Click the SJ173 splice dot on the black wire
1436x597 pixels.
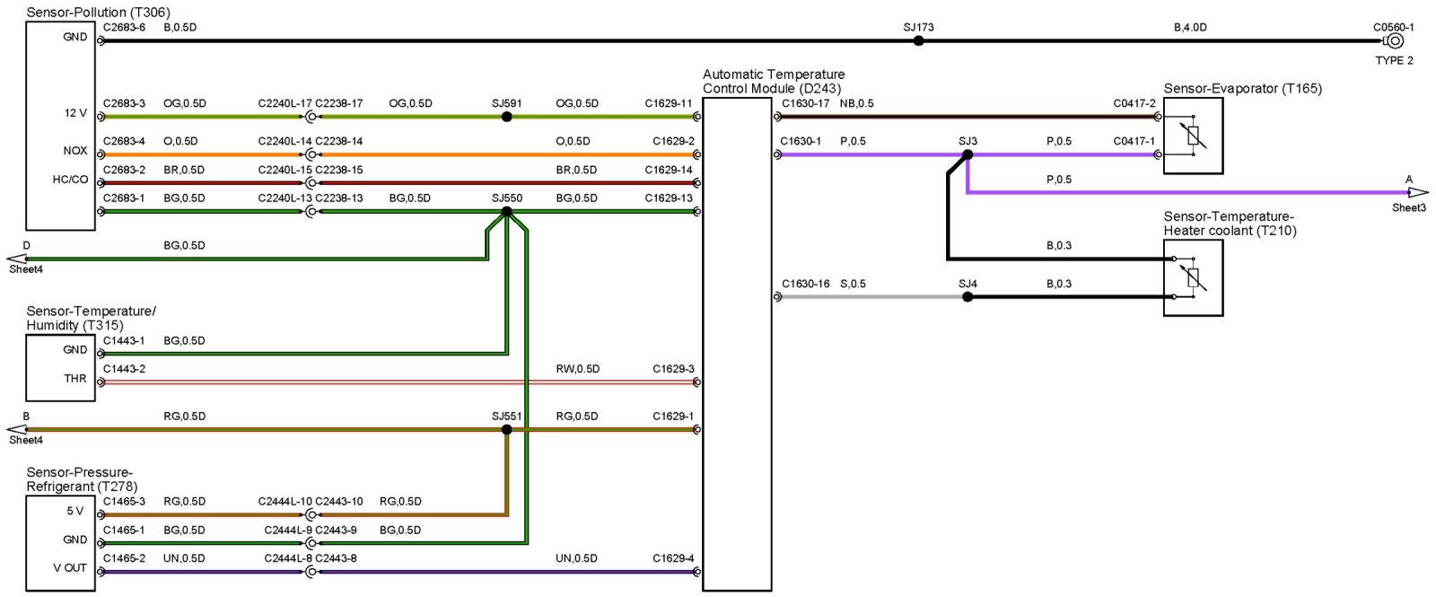[918, 40]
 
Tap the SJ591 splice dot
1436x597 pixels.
[506, 117]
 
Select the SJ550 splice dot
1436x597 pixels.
[506, 212]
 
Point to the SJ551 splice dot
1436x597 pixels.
[506, 430]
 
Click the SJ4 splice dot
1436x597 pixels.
[968, 296]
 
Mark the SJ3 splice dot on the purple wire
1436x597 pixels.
[968, 154]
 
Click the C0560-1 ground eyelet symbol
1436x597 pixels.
[1395, 41]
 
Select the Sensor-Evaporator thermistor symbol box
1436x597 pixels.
[1193, 136]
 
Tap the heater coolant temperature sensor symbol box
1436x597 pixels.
[1193, 277]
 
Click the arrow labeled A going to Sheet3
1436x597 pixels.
[1416, 192]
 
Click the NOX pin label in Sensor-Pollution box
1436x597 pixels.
[75, 151]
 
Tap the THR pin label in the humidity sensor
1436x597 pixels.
[75, 379]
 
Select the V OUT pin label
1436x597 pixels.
[70, 568]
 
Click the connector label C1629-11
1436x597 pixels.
[669, 103]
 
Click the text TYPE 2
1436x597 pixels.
[1394, 61]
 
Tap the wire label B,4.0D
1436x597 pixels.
[1190, 28]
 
